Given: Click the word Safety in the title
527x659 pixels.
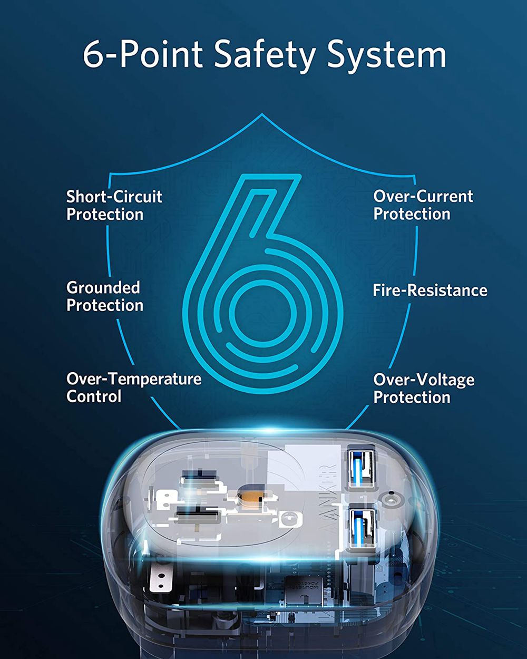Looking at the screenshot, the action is (264, 55).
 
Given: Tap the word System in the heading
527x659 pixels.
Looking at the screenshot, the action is (387, 55).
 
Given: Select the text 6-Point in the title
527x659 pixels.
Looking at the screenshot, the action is (143, 54).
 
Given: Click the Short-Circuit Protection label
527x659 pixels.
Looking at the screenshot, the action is (114, 205).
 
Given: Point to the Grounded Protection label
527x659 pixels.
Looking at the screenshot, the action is (105, 296).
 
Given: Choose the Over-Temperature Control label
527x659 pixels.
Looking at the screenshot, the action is (134, 387).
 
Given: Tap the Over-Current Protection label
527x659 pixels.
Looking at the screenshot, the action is (423, 205).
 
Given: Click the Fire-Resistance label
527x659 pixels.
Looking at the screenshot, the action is (430, 290).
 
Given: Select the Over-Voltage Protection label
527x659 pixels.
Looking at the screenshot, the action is (424, 389).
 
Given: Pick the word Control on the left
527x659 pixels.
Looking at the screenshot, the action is (94, 396).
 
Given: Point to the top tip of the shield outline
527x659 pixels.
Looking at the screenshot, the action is (262, 114).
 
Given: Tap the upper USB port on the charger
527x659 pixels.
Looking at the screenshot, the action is (362, 469).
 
